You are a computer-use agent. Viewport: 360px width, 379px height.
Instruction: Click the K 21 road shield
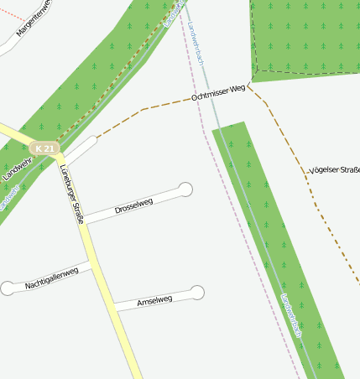click(45, 149)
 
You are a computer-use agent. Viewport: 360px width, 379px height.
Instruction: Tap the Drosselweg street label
click(133, 205)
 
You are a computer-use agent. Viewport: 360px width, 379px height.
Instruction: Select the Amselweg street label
click(154, 301)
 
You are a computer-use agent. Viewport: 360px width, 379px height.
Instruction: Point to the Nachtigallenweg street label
click(51, 278)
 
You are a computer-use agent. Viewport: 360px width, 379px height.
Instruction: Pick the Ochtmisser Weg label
click(218, 92)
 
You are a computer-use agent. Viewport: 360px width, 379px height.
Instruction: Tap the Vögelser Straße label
click(334, 170)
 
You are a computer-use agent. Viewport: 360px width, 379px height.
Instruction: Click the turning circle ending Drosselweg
click(186, 189)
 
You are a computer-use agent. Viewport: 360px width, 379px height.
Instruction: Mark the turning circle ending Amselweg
click(196, 293)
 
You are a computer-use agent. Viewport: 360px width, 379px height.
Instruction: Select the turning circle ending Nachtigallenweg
click(8, 288)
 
